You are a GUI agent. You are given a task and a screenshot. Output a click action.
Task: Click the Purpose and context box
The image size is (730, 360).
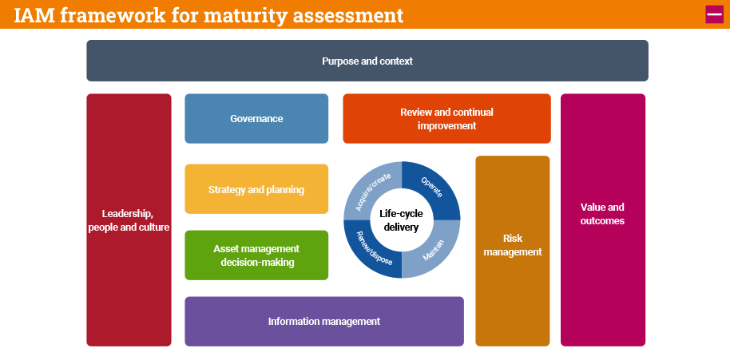(367, 61)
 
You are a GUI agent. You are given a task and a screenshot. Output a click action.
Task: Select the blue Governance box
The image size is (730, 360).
(256, 118)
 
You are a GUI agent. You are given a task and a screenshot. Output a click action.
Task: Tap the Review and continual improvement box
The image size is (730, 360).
(446, 119)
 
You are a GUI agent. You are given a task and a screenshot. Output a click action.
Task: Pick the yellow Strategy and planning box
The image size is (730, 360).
(256, 189)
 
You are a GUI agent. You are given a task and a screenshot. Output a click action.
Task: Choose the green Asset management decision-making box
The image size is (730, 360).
(256, 255)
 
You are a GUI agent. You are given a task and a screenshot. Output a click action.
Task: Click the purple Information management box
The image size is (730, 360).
(323, 322)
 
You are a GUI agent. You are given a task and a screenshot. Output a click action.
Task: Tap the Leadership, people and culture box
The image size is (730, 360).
(129, 220)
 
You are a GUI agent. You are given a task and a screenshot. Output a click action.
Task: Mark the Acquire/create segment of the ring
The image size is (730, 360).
(370, 187)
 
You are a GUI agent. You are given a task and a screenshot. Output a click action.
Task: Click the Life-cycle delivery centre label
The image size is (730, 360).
(401, 220)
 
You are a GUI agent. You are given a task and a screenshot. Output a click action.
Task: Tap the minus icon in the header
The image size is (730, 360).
(714, 14)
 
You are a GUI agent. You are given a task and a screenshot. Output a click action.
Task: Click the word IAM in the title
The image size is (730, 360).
(33, 15)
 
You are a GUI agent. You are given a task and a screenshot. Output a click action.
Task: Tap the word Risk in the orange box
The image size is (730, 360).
(512, 238)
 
